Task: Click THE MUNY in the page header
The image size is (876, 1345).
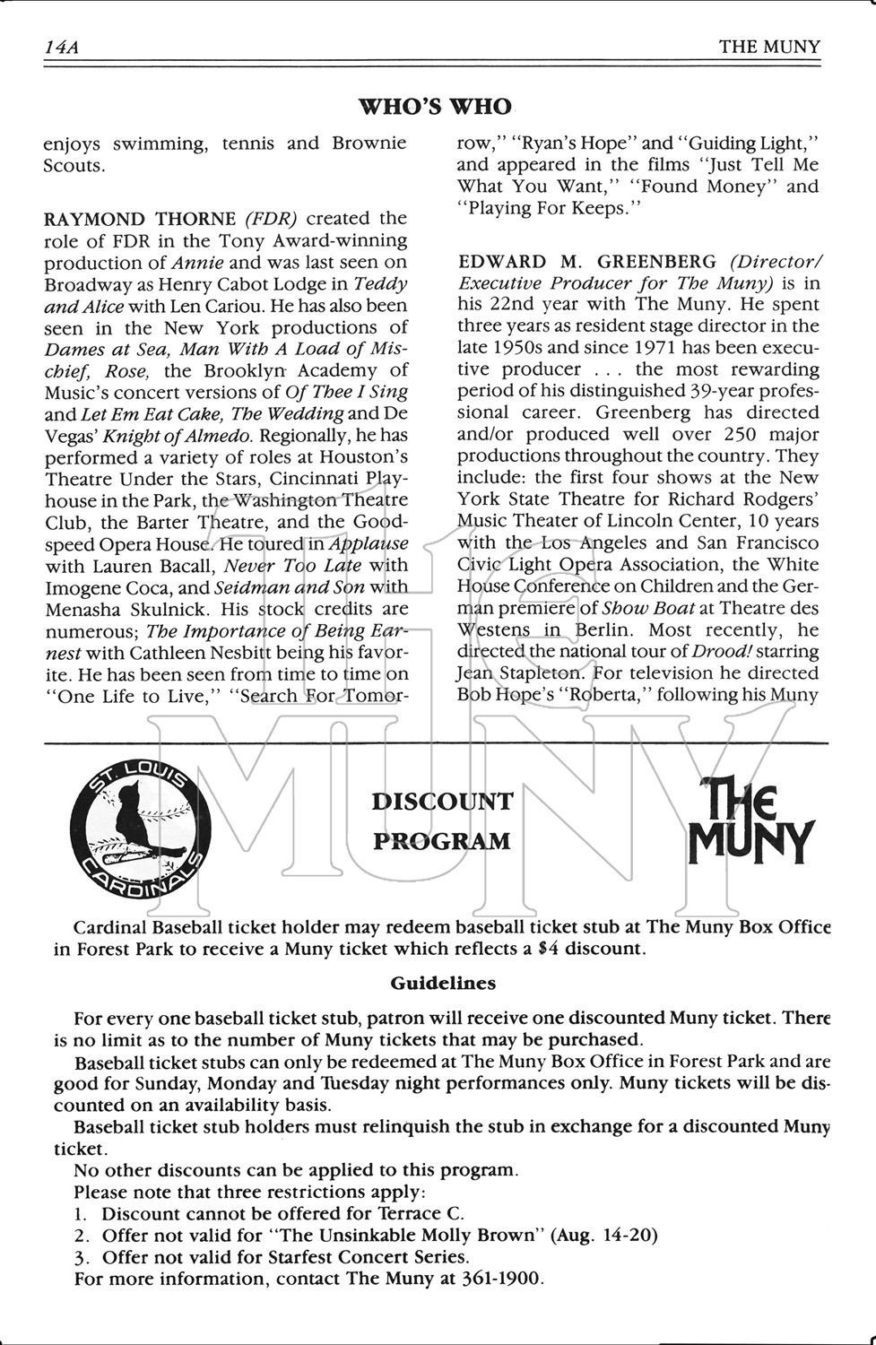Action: pos(768,48)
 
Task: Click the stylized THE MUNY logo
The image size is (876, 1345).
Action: pos(749,820)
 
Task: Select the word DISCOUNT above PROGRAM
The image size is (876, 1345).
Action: pos(442,802)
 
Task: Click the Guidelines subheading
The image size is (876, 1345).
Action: pos(443,984)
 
